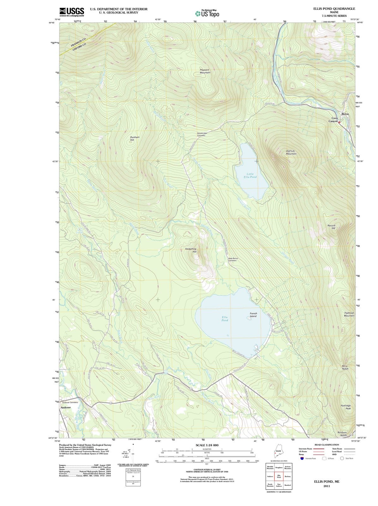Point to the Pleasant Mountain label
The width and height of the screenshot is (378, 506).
[x=205, y=71]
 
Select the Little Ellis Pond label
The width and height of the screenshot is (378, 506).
[x=250, y=176]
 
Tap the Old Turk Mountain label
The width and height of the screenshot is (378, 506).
[x=291, y=152]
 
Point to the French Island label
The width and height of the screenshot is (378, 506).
[x=253, y=315]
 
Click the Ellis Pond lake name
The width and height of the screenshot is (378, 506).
[x=225, y=318]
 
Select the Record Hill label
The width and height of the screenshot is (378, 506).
[x=331, y=227]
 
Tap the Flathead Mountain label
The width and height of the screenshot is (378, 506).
[x=349, y=314]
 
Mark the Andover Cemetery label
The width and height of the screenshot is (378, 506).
[x=70, y=402]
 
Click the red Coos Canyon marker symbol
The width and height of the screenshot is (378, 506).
[x=339, y=123]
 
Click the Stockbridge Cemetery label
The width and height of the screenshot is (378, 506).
[x=202, y=134]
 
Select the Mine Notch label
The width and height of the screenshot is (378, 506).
[x=345, y=367]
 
